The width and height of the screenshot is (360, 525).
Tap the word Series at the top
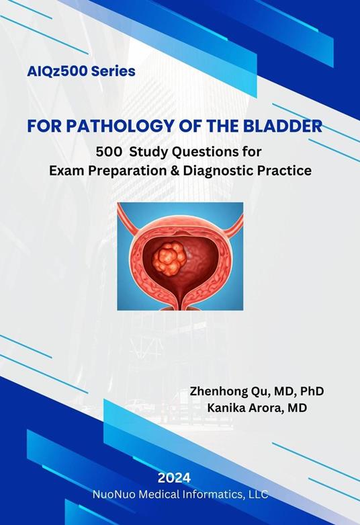(x=111, y=71)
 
